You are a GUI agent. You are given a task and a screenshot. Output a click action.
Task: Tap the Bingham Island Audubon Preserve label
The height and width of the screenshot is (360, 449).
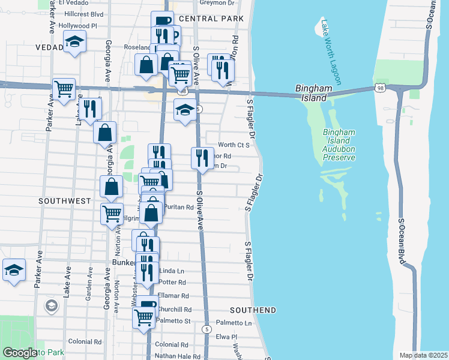pos(339,145)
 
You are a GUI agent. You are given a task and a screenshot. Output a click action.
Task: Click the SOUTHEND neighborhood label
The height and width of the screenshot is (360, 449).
pos(253,310)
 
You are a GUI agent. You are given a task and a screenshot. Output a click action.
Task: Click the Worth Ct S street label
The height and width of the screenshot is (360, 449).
pos(234,145)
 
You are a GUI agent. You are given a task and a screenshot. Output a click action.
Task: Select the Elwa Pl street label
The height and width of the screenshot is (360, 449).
pos(228,337)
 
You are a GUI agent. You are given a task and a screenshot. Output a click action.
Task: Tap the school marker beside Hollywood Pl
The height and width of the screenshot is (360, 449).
pos(75,42)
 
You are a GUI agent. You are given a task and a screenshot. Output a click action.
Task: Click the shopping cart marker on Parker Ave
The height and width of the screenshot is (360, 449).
pos(64,89)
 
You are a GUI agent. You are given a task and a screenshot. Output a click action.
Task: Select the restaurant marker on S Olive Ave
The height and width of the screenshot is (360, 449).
pos(202,158)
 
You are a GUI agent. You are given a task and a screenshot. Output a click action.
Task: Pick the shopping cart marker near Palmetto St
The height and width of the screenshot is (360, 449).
pos(143,318)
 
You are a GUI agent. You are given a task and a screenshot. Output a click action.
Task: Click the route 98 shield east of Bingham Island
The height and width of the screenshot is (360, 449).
pos(381,88)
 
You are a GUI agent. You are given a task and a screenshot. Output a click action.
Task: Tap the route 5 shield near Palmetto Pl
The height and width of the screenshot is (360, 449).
pos(206,329)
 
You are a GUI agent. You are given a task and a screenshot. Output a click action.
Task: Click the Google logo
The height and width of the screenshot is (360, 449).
pos(20,353)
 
